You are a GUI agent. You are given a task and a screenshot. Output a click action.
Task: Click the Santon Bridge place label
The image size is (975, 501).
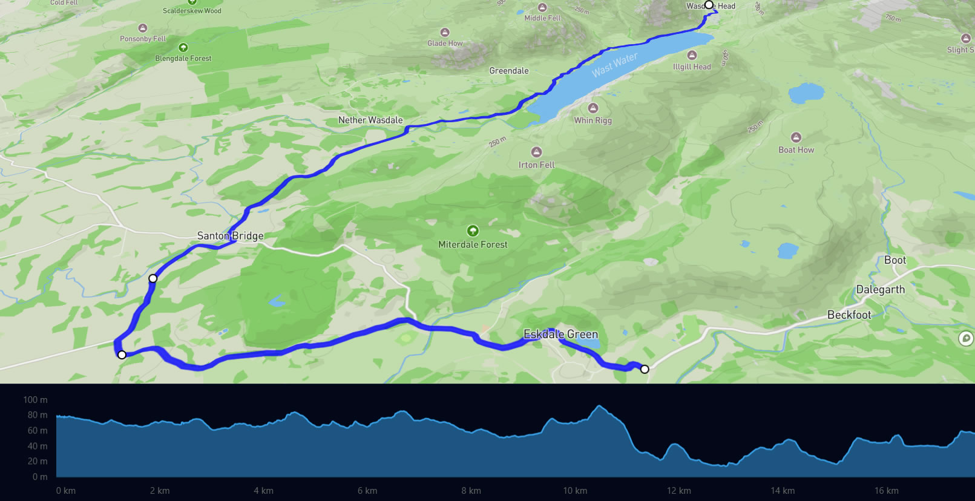point(230,236)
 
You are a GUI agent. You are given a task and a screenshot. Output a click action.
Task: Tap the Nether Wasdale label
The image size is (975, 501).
point(370,120)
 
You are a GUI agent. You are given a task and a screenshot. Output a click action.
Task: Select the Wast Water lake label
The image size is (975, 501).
point(614,65)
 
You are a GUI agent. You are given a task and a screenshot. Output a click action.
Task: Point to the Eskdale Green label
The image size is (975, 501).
point(560,334)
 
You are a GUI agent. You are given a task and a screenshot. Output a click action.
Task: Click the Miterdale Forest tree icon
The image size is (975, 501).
point(473,231)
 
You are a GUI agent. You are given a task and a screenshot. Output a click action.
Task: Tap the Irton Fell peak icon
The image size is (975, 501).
point(536,152)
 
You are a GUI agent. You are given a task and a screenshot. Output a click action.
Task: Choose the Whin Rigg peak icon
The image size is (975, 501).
point(593,108)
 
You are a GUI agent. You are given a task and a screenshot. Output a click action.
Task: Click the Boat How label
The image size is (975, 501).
point(796,150)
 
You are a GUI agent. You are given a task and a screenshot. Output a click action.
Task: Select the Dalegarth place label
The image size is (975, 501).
point(880,290)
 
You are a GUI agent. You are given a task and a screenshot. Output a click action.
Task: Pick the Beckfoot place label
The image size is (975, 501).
point(849,315)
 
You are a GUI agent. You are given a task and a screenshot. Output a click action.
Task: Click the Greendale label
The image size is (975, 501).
point(509,71)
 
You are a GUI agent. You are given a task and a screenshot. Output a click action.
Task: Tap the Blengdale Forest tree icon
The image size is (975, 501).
point(183,47)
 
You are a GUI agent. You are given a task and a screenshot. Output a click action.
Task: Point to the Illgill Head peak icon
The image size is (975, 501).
point(692,55)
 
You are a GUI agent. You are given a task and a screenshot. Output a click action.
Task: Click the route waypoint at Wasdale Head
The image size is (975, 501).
point(709,5)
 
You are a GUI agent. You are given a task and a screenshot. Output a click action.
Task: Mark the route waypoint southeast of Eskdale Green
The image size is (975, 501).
point(645,369)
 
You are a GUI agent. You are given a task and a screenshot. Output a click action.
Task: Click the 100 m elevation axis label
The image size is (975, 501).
point(35,400)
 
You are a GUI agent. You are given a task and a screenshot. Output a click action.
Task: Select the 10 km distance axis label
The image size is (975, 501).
point(575,491)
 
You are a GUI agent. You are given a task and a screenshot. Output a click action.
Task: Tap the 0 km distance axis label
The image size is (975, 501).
point(66,491)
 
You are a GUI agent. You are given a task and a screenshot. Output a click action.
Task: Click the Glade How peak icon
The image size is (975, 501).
point(445,32)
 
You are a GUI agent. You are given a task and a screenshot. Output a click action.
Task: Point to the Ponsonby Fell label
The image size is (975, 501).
point(143,39)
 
